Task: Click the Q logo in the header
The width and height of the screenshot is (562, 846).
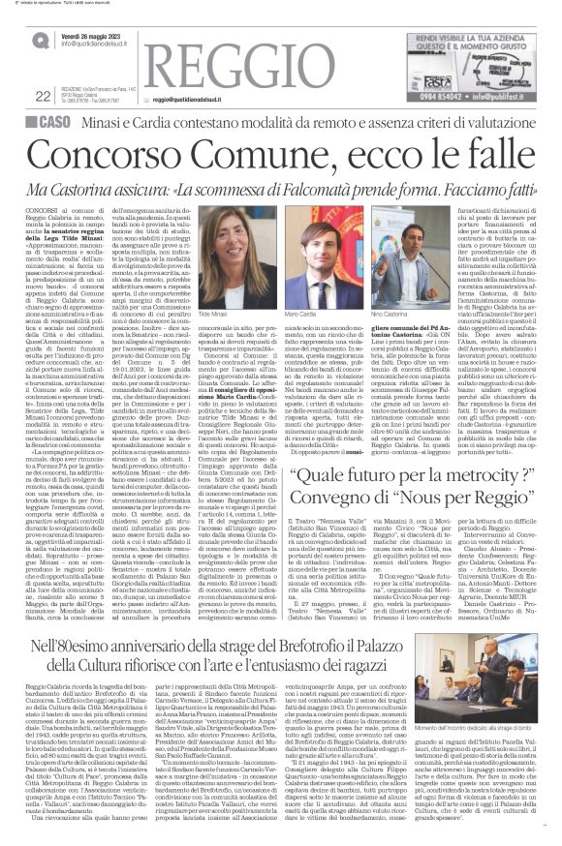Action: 41,40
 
